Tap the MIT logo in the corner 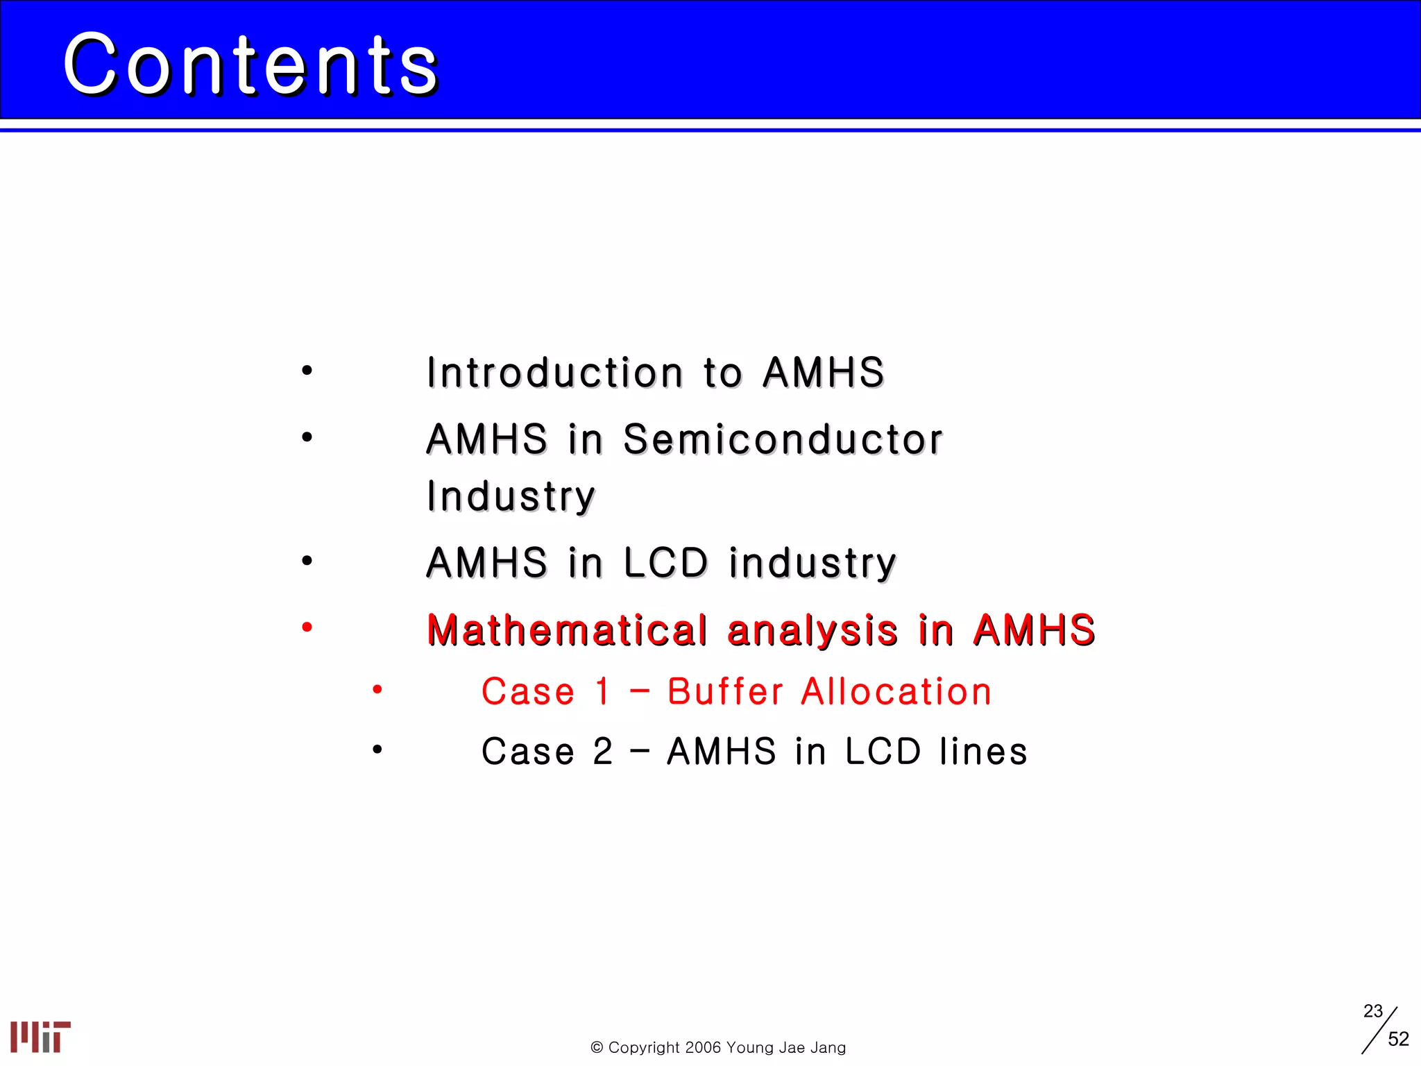tap(40, 1036)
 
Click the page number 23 tap(1372, 1011)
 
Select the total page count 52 tap(1398, 1039)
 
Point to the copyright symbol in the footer tap(597, 1047)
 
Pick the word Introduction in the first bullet tap(555, 373)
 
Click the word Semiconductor tap(783, 439)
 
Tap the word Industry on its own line tap(511, 497)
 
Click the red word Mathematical tap(567, 630)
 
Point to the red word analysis tap(812, 630)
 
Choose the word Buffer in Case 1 tap(725, 692)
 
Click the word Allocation tap(896, 692)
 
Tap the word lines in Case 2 tap(983, 752)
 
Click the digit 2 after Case tap(603, 752)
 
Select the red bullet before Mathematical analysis tap(307, 627)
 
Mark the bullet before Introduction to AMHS tap(307, 371)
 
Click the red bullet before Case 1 tap(377, 690)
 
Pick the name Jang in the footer tap(828, 1047)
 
